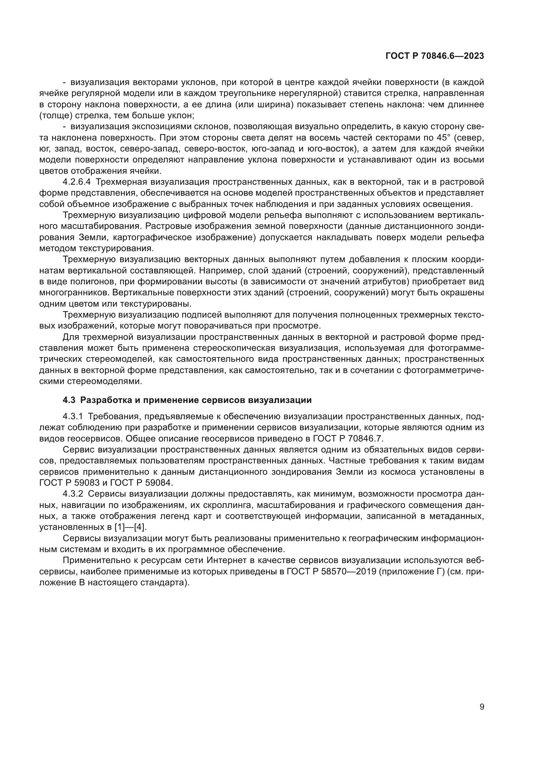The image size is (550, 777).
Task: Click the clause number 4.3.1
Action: pos(73,416)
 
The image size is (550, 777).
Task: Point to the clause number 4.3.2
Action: pos(73,494)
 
